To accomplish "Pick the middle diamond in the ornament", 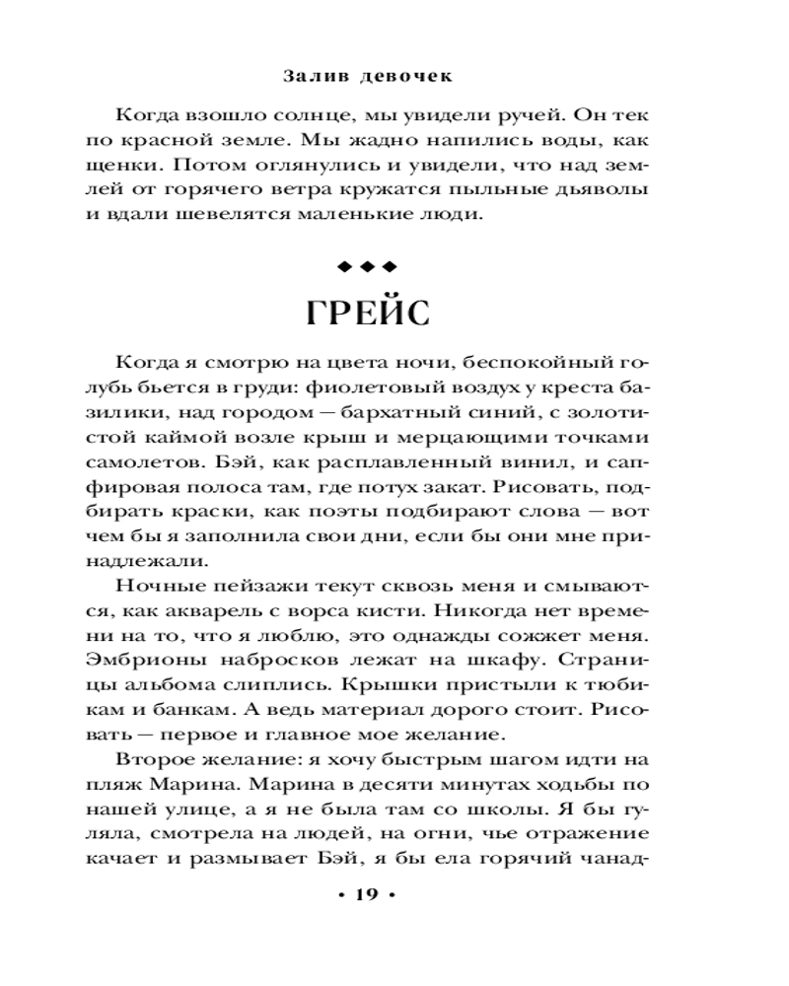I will tap(366, 265).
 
